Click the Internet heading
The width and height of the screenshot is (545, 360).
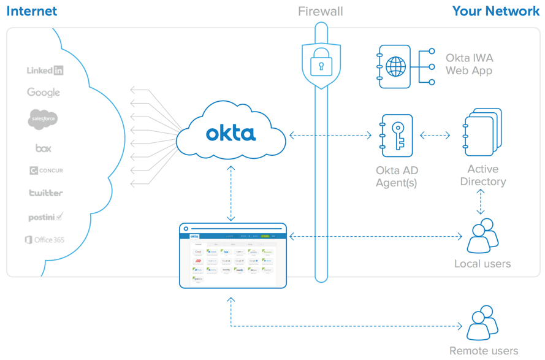pyautogui.click(x=31, y=11)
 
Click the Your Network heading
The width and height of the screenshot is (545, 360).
pyautogui.click(x=495, y=11)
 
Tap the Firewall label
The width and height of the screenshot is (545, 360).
pyautogui.click(x=320, y=11)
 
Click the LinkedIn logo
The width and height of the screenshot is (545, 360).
pyautogui.click(x=45, y=71)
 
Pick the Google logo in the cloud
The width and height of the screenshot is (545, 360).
pyautogui.click(x=44, y=93)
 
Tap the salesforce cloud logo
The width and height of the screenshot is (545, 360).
pyautogui.click(x=43, y=118)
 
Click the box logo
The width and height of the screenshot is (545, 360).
pyautogui.click(x=43, y=148)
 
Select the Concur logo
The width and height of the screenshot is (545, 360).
pyautogui.click(x=46, y=170)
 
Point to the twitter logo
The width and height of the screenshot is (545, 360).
pyautogui.click(x=46, y=193)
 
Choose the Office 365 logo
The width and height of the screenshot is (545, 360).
pyautogui.click(x=44, y=240)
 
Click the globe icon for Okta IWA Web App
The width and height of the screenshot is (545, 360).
pyautogui.click(x=395, y=66)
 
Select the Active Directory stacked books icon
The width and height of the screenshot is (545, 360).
pyautogui.click(x=482, y=132)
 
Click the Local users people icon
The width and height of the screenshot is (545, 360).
pyautogui.click(x=482, y=237)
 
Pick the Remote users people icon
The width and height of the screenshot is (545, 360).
pyautogui.click(x=482, y=323)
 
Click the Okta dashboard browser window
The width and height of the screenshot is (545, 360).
pyautogui.click(x=233, y=256)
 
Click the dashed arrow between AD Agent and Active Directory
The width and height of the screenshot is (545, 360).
pyautogui.click(x=435, y=136)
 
